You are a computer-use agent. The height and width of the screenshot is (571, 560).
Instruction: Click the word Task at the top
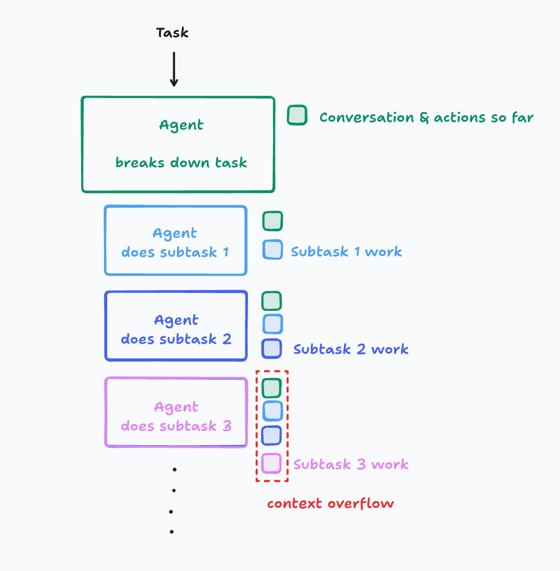[x=172, y=33]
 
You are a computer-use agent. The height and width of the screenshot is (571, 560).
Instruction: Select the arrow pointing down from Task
[x=173, y=69]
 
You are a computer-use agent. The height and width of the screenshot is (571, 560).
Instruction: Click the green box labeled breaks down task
[x=178, y=144]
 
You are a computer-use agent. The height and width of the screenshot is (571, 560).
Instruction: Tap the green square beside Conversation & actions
[x=297, y=116]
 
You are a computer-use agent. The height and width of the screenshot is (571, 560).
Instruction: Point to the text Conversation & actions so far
[x=426, y=118]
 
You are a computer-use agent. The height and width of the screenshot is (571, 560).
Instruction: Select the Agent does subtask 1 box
[x=175, y=240]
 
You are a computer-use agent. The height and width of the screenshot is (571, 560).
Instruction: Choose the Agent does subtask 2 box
[x=176, y=326]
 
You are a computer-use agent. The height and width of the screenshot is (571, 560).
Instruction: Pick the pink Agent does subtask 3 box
[x=176, y=412]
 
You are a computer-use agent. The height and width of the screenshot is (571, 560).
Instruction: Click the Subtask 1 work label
[x=346, y=252]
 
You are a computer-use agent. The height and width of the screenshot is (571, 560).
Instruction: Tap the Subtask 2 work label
[x=351, y=350]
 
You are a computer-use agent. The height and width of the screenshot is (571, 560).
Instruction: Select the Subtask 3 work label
[x=351, y=464]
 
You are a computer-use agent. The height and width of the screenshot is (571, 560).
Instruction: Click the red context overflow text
[x=330, y=504]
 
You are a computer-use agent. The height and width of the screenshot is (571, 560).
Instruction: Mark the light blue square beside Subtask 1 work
[x=273, y=250]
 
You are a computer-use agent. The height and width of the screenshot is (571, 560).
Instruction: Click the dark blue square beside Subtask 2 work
[x=271, y=349]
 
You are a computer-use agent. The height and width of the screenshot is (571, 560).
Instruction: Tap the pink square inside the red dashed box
[x=271, y=463]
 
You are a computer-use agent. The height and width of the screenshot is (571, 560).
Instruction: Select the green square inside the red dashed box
[x=271, y=388]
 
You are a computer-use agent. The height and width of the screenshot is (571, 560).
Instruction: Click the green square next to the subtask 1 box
[x=273, y=221]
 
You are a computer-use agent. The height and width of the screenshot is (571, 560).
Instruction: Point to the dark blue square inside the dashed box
[x=271, y=436]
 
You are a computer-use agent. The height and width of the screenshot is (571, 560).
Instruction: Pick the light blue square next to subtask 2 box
[x=273, y=324]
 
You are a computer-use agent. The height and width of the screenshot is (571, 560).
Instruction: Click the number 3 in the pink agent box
[x=227, y=426]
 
